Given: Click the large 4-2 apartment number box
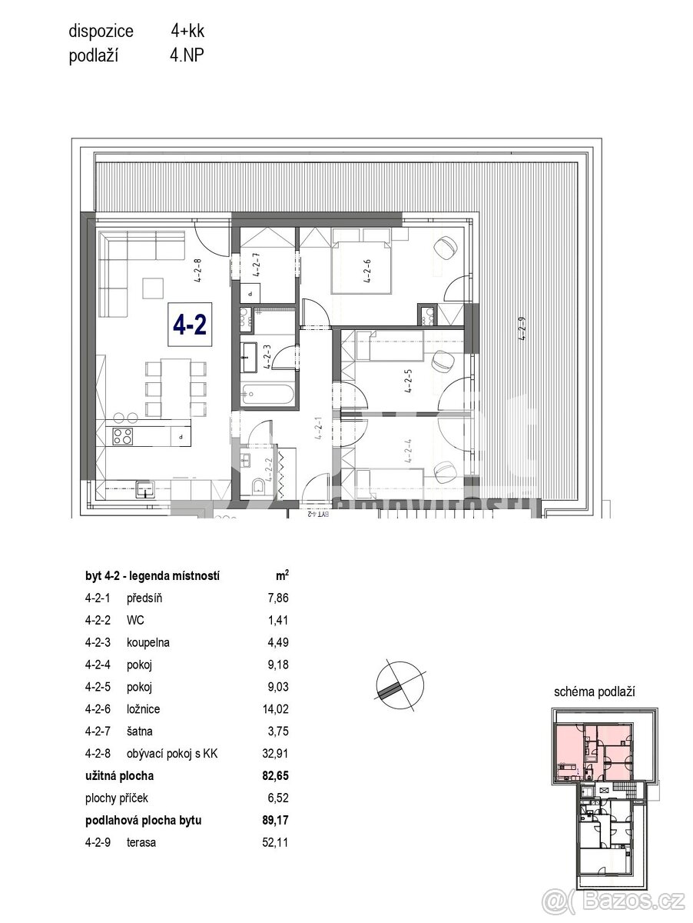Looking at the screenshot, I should pyautogui.click(x=190, y=326).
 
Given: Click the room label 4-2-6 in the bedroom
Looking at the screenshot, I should pyautogui.click(x=367, y=271).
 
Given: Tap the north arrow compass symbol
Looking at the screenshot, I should pyautogui.click(x=400, y=681).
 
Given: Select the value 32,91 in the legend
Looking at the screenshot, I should pyautogui.click(x=276, y=754).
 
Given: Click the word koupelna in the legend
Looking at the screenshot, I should pyautogui.click(x=150, y=642).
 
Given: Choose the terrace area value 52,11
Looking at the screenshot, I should pyautogui.click(x=276, y=842).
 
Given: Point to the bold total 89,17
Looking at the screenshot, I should pyautogui.click(x=276, y=820).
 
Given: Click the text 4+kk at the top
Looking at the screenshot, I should pyautogui.click(x=187, y=32).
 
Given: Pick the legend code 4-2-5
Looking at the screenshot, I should pyautogui.click(x=98, y=687).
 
